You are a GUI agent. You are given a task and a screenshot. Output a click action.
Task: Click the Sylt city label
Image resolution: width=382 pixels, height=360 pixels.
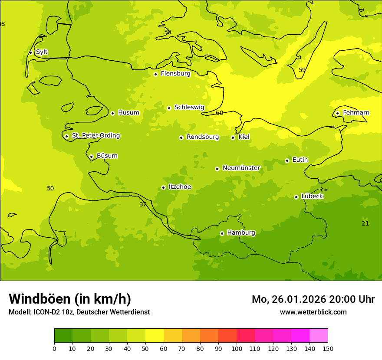click(42, 52)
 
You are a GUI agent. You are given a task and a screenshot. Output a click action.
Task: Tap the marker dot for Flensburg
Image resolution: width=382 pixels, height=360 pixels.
click(155, 74)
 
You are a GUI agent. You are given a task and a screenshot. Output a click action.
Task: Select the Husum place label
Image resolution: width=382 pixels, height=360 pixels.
click(128, 113)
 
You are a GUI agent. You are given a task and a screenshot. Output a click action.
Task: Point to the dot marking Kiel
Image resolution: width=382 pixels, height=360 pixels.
click(233, 137)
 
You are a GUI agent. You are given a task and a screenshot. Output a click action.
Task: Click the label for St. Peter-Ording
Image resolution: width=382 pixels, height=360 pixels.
click(95, 136)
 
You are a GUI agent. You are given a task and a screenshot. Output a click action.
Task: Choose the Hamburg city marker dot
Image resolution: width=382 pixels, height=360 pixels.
click(222, 233)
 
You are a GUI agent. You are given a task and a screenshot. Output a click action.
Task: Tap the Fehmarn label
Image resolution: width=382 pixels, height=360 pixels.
click(356, 113)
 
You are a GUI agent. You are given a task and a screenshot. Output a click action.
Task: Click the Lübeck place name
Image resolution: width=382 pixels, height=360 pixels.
click(312, 196)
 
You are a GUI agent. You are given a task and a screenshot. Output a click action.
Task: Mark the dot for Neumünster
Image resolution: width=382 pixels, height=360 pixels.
click(217, 169)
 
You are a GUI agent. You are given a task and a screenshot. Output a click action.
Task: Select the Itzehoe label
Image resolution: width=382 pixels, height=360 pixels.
click(180, 187)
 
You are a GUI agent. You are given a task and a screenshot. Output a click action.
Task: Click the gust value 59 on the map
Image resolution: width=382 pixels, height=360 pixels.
click(302, 70)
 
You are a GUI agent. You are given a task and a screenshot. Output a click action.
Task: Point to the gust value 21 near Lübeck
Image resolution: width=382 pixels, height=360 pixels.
click(365, 223)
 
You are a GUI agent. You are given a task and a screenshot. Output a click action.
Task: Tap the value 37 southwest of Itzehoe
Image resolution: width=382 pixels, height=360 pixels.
click(143, 204)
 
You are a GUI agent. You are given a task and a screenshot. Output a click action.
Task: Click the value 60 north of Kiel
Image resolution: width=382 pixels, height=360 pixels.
click(219, 113)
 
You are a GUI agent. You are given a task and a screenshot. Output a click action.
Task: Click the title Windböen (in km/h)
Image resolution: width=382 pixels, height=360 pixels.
click(70, 299)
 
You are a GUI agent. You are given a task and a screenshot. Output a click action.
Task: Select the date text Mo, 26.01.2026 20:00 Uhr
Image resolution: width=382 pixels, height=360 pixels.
click(313, 299)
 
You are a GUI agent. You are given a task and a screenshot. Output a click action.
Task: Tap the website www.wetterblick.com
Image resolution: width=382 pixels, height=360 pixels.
click(313, 312)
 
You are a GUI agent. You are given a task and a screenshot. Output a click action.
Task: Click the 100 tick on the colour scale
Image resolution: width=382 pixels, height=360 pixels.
click(237, 348)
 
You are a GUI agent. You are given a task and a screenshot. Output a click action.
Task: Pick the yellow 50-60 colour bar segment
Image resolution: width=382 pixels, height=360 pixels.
click(155, 336)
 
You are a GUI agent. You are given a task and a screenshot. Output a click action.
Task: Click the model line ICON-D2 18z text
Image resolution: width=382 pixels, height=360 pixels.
click(79, 312)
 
